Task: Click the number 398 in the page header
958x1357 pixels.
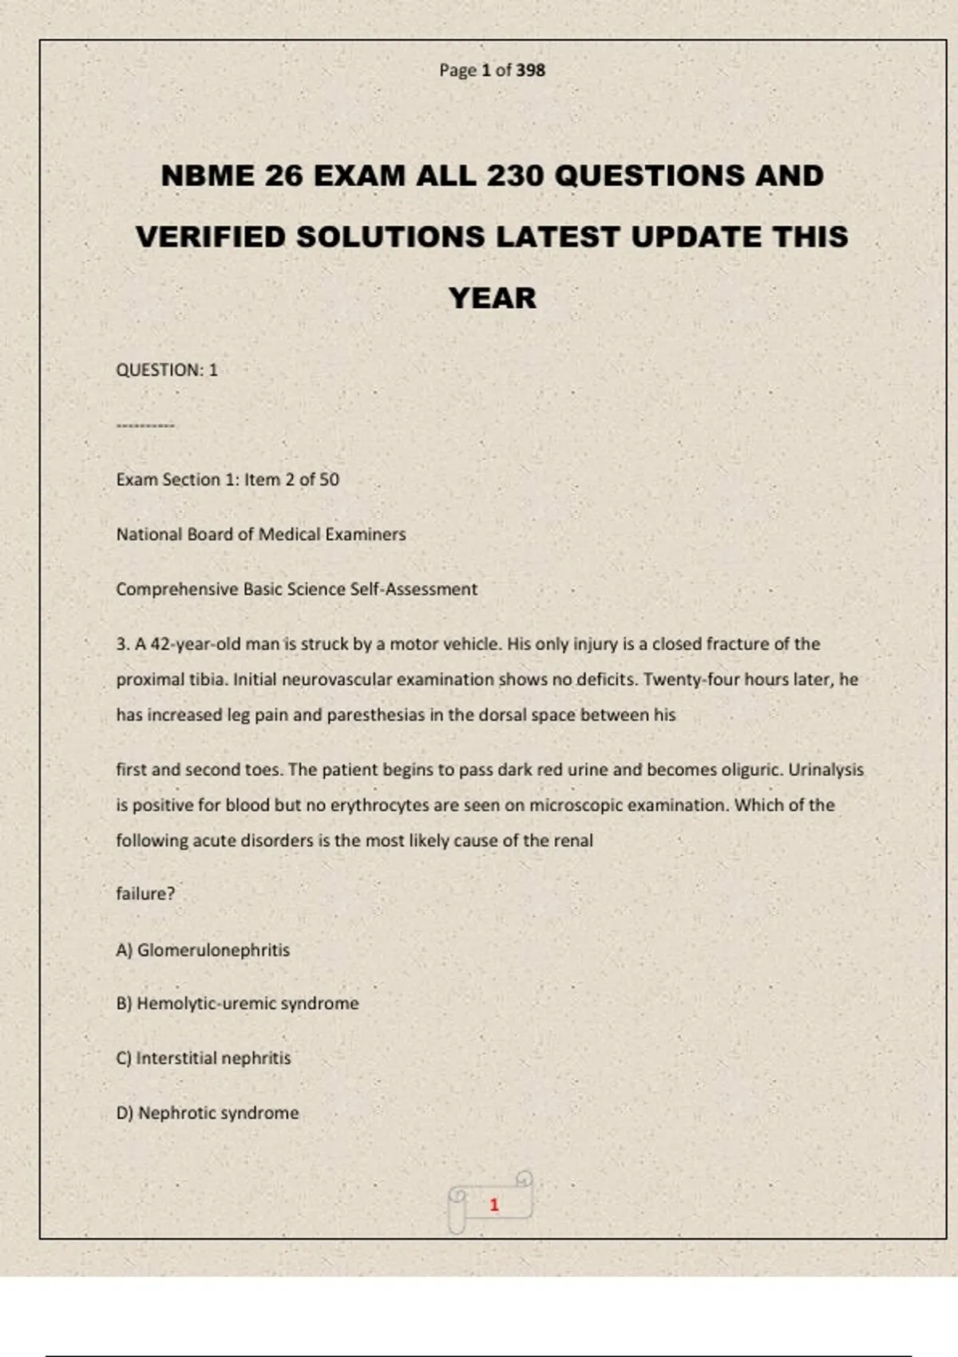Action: [530, 70]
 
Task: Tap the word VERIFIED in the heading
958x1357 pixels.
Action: [210, 237]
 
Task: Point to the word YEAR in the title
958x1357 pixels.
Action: [492, 299]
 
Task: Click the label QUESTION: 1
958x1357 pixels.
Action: [167, 370]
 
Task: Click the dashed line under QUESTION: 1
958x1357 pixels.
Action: [145, 425]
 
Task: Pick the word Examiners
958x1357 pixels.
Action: [365, 534]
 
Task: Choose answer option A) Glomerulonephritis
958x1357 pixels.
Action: [203, 950]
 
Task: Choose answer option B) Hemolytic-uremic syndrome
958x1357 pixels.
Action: [237, 1003]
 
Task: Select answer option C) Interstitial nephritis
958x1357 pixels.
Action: [204, 1058]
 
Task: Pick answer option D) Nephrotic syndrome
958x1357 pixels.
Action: [208, 1113]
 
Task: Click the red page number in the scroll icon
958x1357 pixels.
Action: [494, 1205]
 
